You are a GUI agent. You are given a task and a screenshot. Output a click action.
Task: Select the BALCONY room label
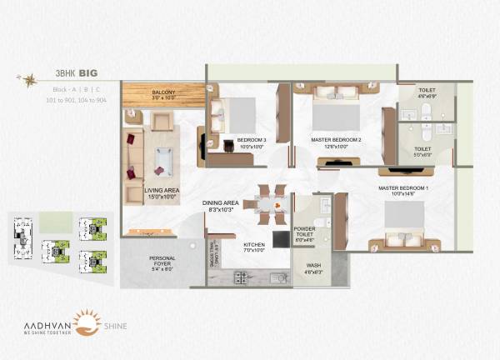(x=163, y=95)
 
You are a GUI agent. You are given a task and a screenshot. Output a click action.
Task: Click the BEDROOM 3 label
(x=252, y=142)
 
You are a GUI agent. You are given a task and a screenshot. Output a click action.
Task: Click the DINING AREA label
(x=221, y=206)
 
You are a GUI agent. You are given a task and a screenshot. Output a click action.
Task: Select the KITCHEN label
(x=254, y=247)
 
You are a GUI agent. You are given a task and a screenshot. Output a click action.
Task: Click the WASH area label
(x=313, y=268)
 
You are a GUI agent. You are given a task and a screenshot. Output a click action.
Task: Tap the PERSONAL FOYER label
(x=162, y=262)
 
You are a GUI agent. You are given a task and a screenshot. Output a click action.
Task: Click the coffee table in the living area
(x=164, y=156)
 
